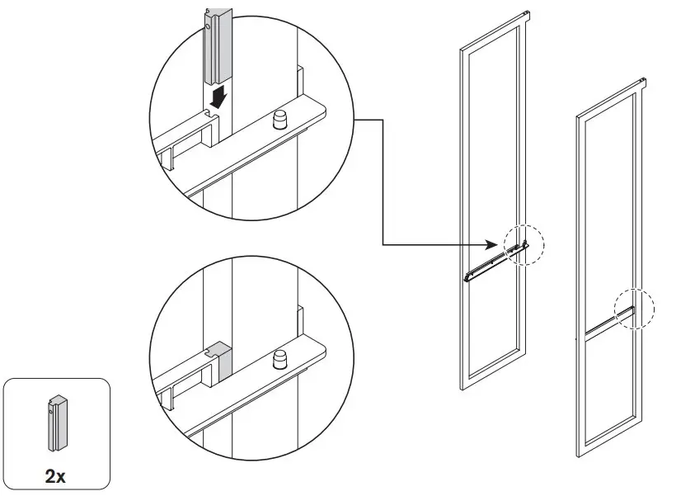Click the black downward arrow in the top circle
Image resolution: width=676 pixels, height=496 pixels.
(x=218, y=97)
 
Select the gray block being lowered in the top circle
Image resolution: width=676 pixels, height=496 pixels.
(x=216, y=45)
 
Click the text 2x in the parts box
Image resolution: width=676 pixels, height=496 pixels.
(x=57, y=475)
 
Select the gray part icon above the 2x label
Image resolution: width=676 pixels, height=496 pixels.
(x=56, y=423)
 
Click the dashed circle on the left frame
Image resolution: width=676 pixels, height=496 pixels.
(x=524, y=245)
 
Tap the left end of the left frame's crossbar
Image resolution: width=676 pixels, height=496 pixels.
(x=468, y=277)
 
